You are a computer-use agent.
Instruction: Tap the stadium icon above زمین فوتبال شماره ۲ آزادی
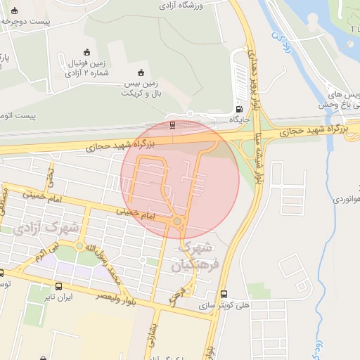(x=86, y=52)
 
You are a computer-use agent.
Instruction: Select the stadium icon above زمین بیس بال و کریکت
(x=141, y=72)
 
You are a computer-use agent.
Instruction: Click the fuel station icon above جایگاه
(x=240, y=109)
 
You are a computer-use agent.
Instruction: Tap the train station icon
(x=172, y=124)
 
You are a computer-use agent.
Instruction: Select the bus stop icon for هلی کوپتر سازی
(x=224, y=294)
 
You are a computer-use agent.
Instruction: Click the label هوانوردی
(x=339, y=200)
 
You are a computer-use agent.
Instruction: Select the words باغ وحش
(x=344, y=105)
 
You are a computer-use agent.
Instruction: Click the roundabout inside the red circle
(x=176, y=223)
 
